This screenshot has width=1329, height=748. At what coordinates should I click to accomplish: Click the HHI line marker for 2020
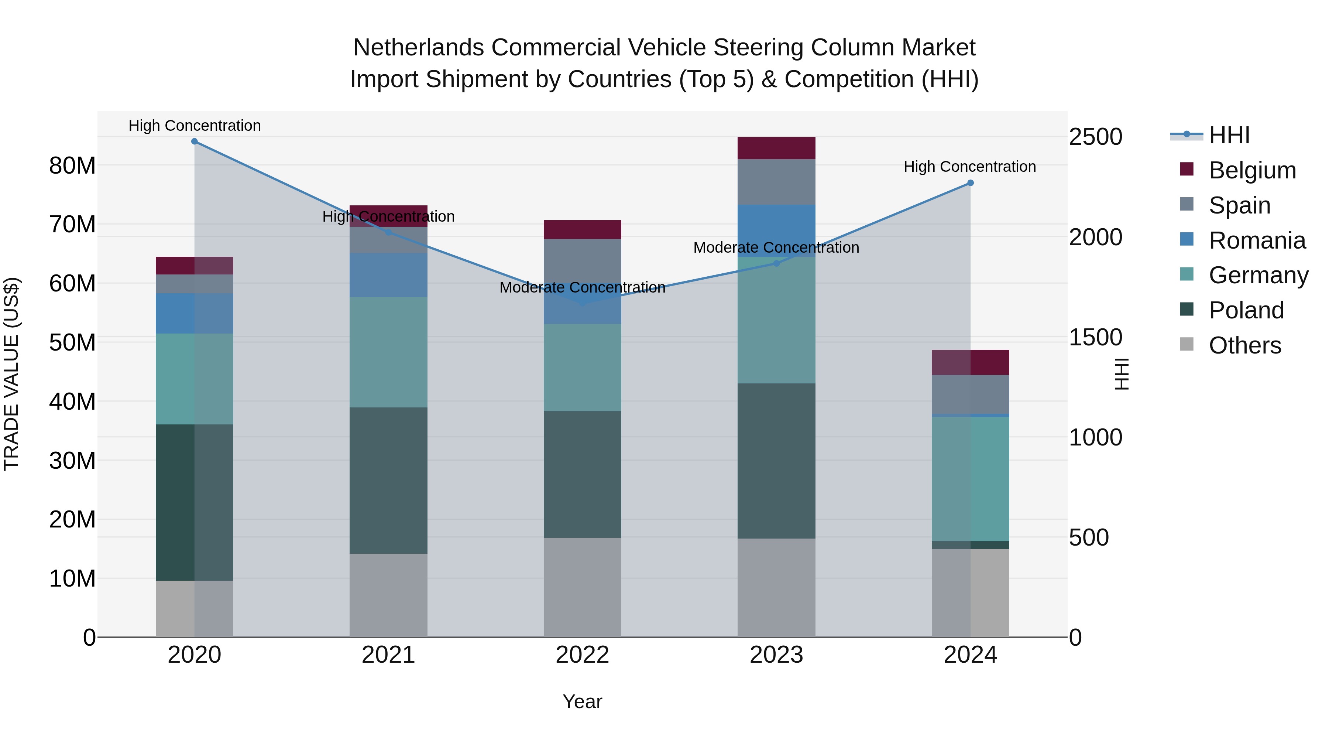[x=195, y=141]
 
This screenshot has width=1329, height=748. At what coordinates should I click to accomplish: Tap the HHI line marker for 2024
[x=970, y=183]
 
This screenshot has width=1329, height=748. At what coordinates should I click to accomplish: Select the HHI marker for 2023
[x=776, y=263]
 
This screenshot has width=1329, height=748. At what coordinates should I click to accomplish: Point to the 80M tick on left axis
[x=72, y=166]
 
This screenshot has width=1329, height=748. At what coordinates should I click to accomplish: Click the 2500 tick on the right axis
[x=1095, y=137]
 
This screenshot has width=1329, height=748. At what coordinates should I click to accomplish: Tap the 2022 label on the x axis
[x=583, y=655]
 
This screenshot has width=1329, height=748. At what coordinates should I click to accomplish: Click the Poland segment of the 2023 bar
[x=776, y=461]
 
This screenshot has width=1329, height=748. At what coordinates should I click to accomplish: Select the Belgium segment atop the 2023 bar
[x=776, y=148]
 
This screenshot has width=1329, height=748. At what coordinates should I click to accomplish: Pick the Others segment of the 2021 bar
[x=388, y=595]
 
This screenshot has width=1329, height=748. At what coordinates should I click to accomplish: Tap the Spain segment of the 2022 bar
[x=583, y=261]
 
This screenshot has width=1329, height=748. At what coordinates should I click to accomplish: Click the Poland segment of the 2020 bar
[x=195, y=502]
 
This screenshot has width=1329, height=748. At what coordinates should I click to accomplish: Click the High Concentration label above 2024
[x=969, y=167]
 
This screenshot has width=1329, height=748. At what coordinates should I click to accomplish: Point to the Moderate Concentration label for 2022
[x=583, y=287]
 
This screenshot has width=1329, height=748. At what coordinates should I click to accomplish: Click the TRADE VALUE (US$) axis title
[x=11, y=374]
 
